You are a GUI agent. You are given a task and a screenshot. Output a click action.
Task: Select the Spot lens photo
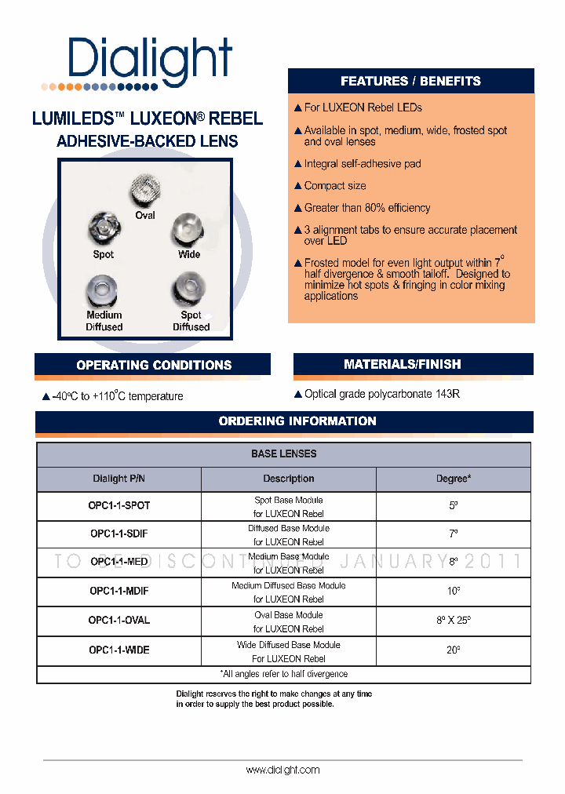tap(104, 229)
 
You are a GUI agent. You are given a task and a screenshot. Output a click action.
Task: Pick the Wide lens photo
tap(188, 229)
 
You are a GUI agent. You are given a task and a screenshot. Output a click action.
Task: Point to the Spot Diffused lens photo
tap(189, 288)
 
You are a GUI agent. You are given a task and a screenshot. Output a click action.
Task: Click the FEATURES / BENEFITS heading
tap(410, 82)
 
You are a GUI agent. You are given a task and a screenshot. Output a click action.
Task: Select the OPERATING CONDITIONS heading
tap(154, 365)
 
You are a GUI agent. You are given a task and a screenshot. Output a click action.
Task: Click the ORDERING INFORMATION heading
tap(297, 421)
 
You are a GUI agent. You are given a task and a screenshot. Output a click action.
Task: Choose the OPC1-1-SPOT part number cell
tap(118, 506)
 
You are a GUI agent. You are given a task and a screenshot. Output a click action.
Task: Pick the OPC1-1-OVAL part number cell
tap(118, 621)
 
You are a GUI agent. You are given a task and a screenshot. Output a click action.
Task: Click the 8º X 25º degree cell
tap(453, 621)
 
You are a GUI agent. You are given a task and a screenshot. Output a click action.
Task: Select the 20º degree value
tap(453, 650)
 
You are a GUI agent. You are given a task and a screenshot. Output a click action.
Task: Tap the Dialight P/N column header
tap(118, 479)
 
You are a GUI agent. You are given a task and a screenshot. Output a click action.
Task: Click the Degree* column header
tap(453, 479)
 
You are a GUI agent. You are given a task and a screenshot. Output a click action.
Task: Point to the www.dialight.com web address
tap(282, 770)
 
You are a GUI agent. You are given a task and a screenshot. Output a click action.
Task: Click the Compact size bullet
tap(335, 186)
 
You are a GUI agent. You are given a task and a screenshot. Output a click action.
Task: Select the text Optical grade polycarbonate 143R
tap(381, 394)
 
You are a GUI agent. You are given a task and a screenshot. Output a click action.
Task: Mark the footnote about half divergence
tap(283, 674)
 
